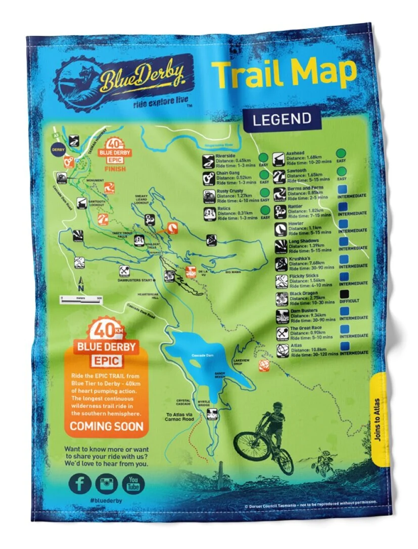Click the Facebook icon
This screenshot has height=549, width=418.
[x=80, y=483]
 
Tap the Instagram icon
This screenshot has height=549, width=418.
[x=106, y=484]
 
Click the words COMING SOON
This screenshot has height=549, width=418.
[x=106, y=426]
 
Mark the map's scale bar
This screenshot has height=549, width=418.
[x=81, y=298]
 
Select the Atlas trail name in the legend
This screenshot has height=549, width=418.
[x=296, y=347]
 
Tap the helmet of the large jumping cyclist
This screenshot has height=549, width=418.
[x=277, y=406]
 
